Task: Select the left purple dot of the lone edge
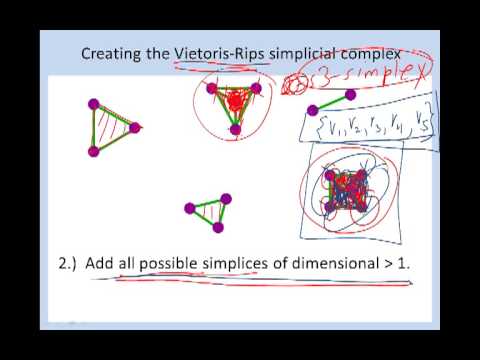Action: [x=312, y=109]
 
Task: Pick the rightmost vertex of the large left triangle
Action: [x=135, y=128]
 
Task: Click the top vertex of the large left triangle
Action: [x=93, y=104]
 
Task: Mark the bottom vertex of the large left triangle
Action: [x=94, y=151]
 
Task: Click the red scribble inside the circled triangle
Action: [x=236, y=101]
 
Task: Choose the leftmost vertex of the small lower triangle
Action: [x=189, y=209]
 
